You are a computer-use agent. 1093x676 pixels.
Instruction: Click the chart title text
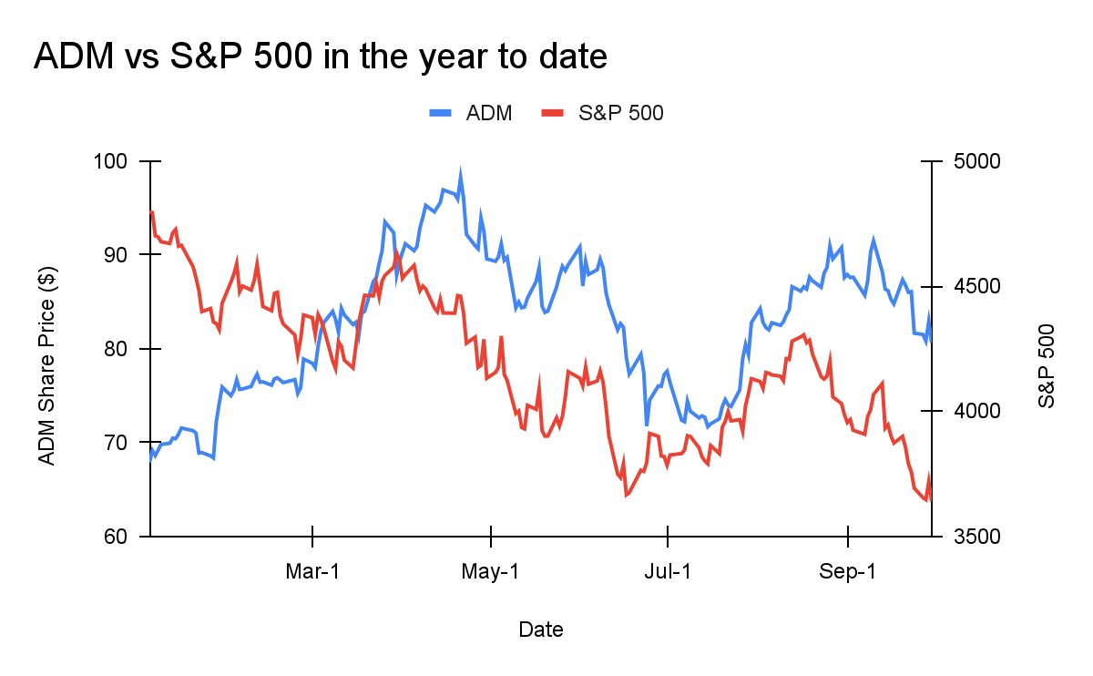point(320,56)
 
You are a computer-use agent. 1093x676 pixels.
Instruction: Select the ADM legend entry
point(470,113)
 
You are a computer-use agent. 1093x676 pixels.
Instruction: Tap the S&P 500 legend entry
point(602,113)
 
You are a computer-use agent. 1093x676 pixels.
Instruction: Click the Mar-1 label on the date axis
point(312,572)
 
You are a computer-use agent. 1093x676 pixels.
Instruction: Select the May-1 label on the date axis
point(491,572)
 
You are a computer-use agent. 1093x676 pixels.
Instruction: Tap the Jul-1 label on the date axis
point(668,572)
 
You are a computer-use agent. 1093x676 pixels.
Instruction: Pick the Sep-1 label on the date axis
point(848,572)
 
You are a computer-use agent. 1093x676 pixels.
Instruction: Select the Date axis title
point(540,630)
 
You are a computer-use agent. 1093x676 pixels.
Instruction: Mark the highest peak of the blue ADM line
point(460,172)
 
